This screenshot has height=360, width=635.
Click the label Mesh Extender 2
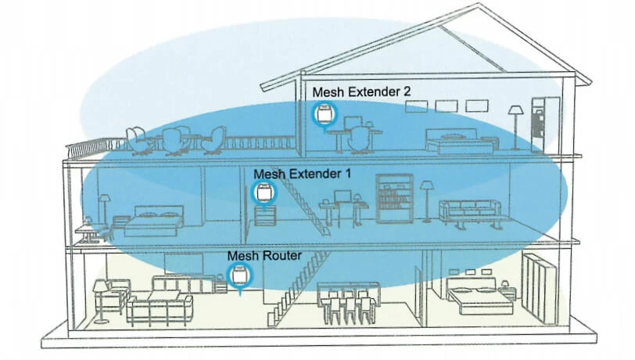pos(361,92)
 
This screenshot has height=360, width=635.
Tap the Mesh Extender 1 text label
pos(302,174)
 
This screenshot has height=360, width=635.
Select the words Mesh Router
pos(264,255)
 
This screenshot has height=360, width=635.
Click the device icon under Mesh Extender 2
pos(324,114)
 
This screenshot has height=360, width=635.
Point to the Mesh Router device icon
pos(240,276)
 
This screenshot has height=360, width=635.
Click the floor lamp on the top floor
pos(515,128)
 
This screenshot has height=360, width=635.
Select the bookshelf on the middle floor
pos(394,199)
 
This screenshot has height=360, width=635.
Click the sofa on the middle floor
pos(470,213)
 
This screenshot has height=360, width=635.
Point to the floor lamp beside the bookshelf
pos(426,201)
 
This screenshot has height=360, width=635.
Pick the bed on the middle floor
pos(152,221)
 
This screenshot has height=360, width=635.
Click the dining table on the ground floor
pos(348,303)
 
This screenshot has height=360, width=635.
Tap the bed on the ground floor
pos(479,297)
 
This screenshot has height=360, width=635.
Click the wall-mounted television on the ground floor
pos(184,264)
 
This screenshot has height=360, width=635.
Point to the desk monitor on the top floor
pos(353,123)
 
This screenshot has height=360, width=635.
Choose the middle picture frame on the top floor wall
pos(447,106)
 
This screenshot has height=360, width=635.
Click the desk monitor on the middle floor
pos(343,196)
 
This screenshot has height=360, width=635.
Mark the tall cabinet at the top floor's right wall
pos(546,124)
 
